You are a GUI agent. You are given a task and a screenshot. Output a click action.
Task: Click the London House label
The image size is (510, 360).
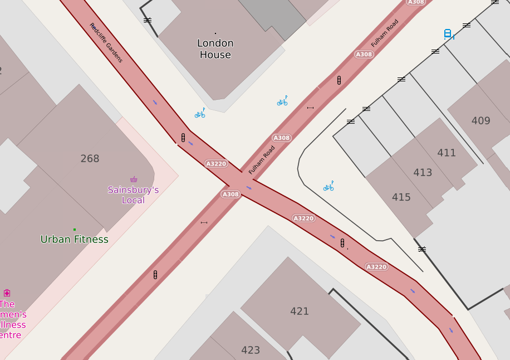pos(215,49)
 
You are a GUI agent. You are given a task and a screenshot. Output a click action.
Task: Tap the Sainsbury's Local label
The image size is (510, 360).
pos(133,195)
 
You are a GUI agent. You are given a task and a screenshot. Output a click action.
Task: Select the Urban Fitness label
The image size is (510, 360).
pos(75,240)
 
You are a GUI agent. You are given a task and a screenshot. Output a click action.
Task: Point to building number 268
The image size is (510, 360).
pos(90,159)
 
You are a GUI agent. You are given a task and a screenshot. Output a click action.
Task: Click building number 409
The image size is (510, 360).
pos(480,121)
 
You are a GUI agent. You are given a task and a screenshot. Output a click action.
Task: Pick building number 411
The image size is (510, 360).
pos(447,153)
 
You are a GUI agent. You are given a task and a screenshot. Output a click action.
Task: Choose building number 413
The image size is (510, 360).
pos(423,173)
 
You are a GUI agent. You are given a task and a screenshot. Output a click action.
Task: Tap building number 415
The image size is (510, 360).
pos(401,197)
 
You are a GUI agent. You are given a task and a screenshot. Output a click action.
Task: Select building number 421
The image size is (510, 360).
pos(300,312)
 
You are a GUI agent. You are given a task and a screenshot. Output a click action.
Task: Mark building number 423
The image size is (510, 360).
pos(251,351)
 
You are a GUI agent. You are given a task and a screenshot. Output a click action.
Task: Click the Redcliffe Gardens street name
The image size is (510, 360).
pos(106,42)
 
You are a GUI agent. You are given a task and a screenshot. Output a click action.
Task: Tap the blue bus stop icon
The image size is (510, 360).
pos(448,34)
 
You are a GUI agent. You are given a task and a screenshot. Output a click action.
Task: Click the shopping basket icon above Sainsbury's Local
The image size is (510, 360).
pos(134,179)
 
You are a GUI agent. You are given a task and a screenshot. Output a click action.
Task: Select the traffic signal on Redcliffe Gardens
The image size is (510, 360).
pos(183,137)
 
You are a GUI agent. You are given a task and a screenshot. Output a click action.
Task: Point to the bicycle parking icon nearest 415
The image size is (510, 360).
pos(328,187)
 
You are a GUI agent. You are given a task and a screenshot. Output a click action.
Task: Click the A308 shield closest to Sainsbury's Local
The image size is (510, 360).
pos(231,194)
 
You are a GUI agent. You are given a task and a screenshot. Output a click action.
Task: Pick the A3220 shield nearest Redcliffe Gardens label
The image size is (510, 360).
pos(216,164)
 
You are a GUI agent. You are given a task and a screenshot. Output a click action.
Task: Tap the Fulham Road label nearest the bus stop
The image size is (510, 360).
pos(385,33)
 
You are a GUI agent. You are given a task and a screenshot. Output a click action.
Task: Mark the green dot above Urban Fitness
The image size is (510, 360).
pos(75,229)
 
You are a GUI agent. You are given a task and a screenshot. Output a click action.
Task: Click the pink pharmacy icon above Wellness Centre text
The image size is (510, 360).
pos(7,293)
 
